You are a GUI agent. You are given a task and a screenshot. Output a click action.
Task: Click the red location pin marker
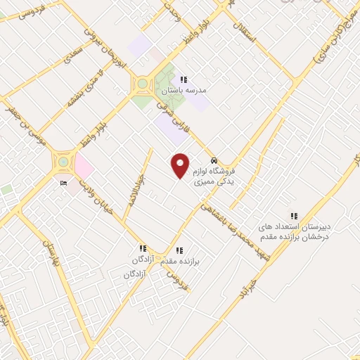[181, 165]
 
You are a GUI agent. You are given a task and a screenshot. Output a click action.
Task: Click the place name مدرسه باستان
[181, 91]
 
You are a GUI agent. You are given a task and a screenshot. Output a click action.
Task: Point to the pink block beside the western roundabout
[84, 167]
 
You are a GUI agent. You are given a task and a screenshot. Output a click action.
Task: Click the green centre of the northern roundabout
[143, 84]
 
